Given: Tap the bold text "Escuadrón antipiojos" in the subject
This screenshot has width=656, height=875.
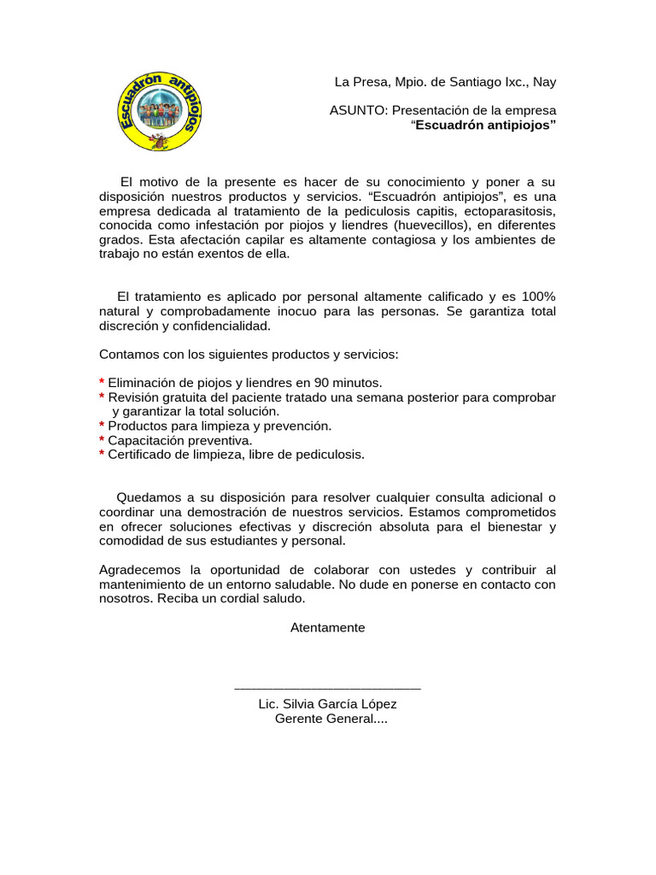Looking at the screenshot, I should click(484, 126).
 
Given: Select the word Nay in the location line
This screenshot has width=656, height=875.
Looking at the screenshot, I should click(544, 82).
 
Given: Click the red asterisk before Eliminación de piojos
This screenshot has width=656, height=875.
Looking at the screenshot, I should click(102, 383).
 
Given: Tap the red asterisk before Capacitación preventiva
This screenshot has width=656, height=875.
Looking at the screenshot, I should click(102, 440).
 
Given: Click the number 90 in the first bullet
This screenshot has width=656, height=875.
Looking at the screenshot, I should click(324, 383).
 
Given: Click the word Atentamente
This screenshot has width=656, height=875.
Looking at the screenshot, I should click(327, 627).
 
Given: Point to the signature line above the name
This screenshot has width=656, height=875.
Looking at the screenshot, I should click(327, 687).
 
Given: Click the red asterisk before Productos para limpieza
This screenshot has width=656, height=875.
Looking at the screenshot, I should click(102, 426).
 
